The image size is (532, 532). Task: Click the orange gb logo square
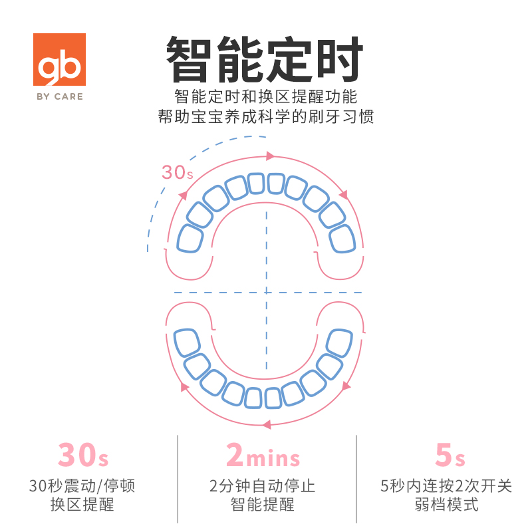coord(59,63)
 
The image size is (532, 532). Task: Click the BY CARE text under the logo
coord(59,96)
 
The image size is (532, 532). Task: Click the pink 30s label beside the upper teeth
coord(177,173)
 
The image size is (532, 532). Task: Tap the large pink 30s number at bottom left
coord(83,456)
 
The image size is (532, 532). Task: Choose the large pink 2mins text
coord(263,456)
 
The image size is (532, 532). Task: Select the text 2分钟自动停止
coord(263,486)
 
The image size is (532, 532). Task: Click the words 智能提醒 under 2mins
coord(263,505)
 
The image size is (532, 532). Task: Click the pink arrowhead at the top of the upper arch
coord(271,156)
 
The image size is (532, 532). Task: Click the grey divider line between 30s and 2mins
coord(178,479)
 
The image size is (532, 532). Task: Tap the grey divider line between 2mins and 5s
coord(356,479)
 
